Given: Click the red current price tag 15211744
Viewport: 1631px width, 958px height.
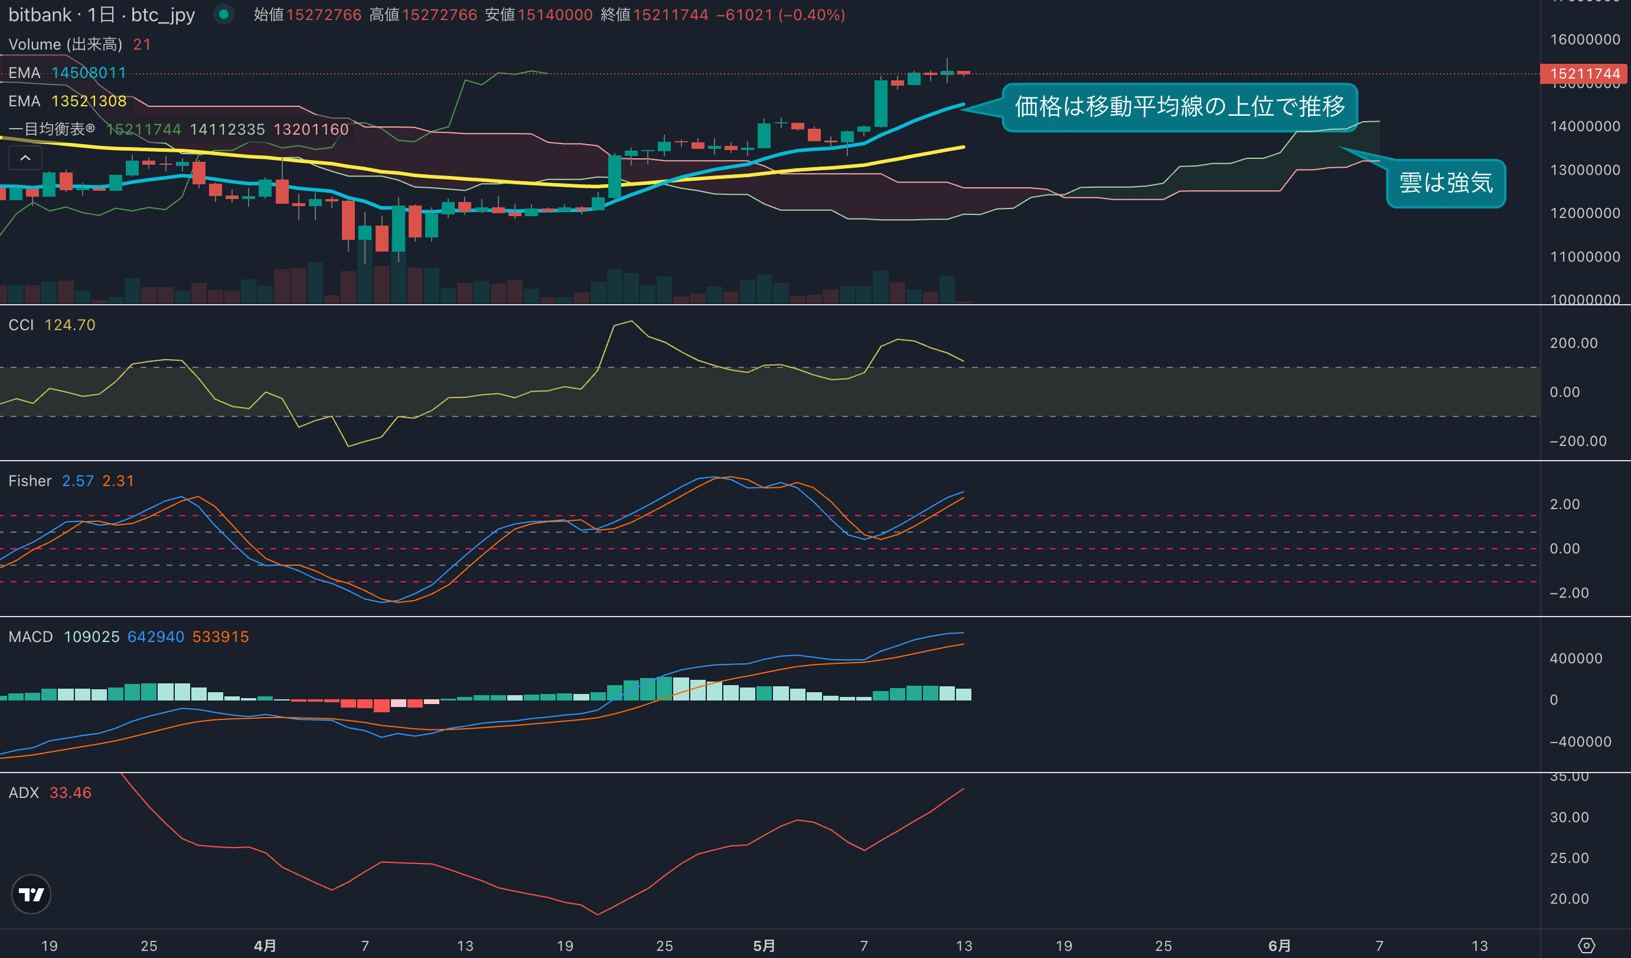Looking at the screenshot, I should point(1584,74).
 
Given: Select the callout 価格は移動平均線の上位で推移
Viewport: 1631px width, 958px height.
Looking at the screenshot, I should point(1179,107).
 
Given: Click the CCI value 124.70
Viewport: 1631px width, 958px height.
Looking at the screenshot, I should point(70,325).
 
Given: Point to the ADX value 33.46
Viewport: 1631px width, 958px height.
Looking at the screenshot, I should point(70,793).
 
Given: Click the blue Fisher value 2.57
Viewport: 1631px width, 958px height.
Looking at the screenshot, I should point(78,481).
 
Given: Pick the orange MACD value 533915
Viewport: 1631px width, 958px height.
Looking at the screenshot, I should point(221,637).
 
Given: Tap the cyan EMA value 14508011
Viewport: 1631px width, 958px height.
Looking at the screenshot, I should point(89,73).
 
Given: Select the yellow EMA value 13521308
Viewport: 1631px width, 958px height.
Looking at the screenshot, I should point(89,101).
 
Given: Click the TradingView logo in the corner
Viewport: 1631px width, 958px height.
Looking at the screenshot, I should point(31,895).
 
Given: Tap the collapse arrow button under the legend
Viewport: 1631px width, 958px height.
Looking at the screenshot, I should point(25,158).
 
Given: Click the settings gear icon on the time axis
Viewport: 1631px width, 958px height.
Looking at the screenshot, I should point(1586,946).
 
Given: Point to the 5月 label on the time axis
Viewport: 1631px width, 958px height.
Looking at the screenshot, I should point(764,946).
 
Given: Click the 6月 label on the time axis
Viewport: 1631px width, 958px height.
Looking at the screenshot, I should point(1280,946).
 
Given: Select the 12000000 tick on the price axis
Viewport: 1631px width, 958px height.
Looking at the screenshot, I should point(1584,213).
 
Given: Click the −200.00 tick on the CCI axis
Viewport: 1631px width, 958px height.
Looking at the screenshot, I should point(1577,441).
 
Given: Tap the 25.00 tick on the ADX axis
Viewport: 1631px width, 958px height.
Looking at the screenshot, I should point(1569,858).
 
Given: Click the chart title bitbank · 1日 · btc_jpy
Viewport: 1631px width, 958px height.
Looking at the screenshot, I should point(102,15).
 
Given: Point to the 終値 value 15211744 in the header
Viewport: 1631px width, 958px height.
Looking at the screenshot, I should point(670,15).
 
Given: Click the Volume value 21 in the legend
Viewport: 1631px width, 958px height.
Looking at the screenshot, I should point(142,44).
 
